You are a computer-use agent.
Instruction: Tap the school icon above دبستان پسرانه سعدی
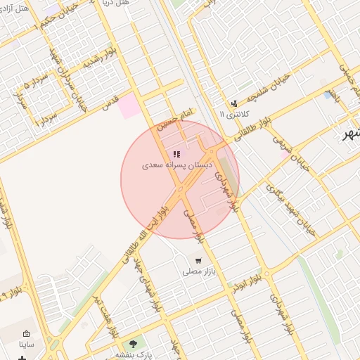pos(176,154)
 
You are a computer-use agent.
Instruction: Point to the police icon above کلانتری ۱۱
pos(234,103)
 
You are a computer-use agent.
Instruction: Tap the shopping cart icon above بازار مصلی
pos(198,260)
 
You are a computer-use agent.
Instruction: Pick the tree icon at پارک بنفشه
pos(134,344)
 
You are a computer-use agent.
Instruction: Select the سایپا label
pos(27,345)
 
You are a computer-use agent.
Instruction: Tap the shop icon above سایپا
pos(27,334)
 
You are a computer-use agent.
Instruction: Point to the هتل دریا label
pos(115,4)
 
